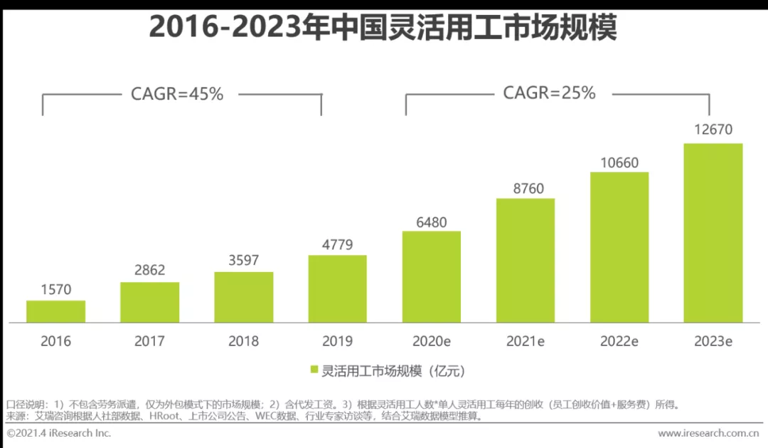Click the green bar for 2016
tap(56, 311)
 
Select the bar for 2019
tap(337, 288)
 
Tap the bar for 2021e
tap(526, 260)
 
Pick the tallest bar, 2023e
tap(713, 233)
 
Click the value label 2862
tap(149, 270)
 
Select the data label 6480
tap(432, 222)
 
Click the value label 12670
tap(713, 130)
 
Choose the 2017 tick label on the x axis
tap(149, 341)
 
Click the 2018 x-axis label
tap(243, 341)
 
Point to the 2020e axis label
tap(432, 341)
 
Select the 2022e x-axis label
tap(619, 341)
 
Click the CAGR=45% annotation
tap(177, 94)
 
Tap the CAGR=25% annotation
tap(549, 93)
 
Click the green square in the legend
tap(314, 371)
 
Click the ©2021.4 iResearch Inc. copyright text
tap(60, 433)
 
